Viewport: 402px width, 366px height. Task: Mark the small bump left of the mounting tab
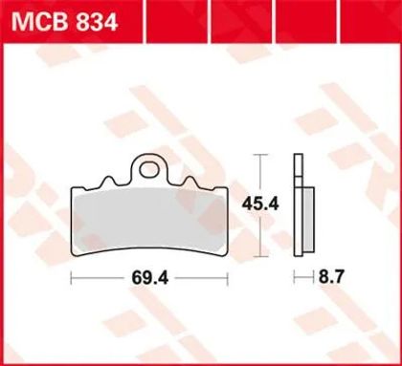click(118, 180)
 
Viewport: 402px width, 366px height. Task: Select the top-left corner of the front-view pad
click(76, 187)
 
